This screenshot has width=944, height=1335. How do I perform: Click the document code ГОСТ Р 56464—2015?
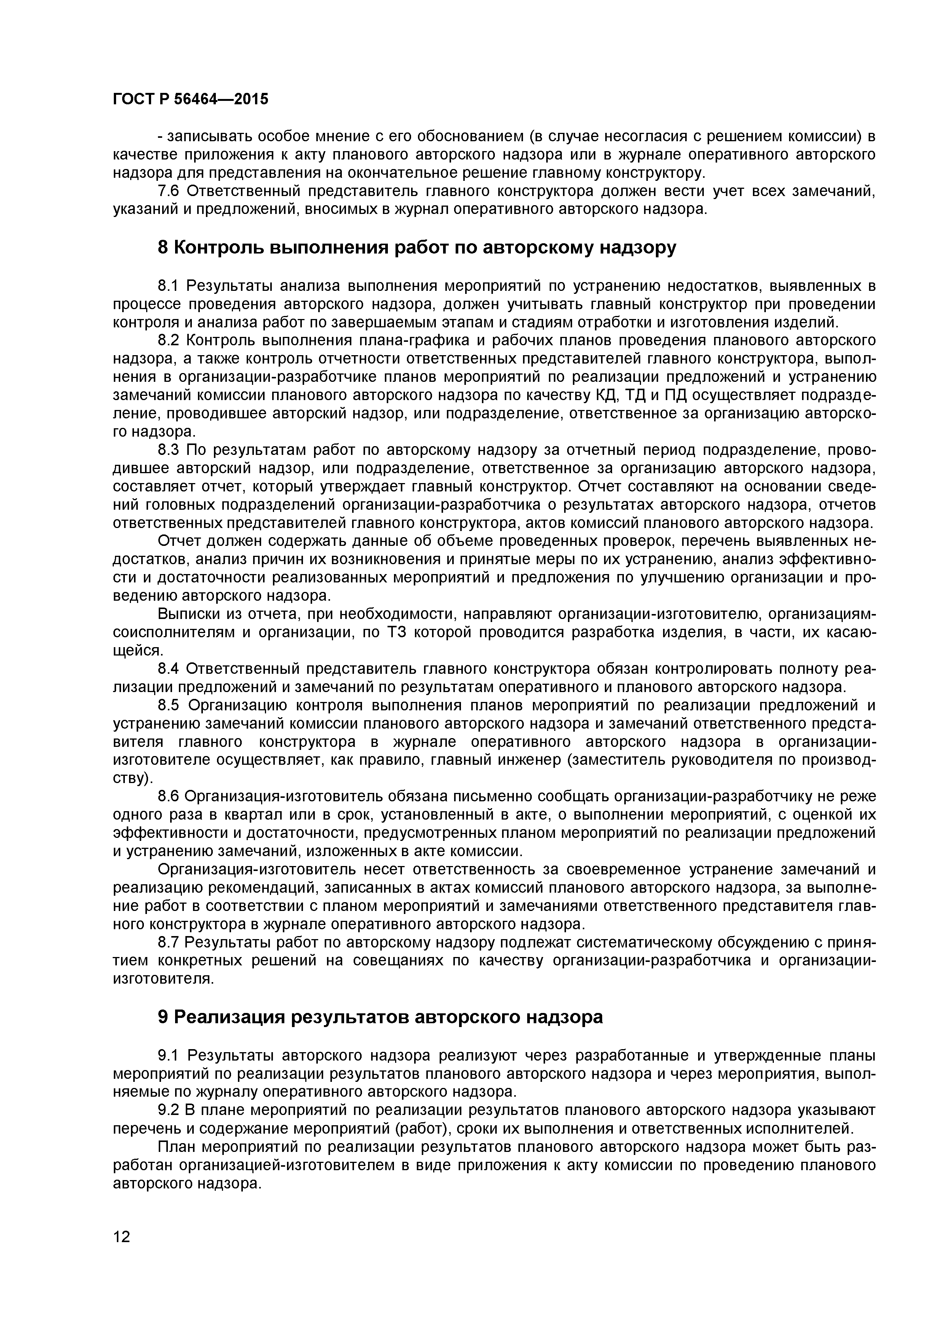point(190,99)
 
